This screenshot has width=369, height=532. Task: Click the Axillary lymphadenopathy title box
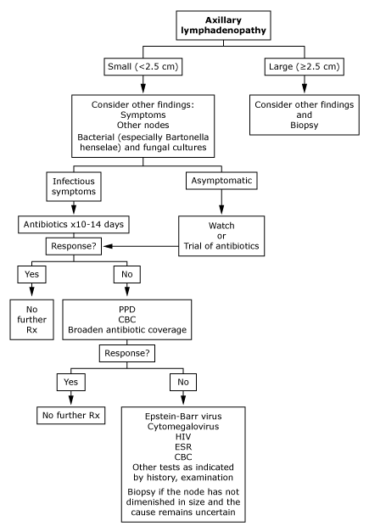[x=223, y=25]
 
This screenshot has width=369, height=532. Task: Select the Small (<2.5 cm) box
[x=143, y=66]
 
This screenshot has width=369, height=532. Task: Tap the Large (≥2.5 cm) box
[x=305, y=66]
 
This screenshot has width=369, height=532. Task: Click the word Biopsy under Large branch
[x=305, y=126]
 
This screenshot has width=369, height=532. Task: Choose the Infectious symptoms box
[x=74, y=187]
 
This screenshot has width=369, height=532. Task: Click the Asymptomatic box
[x=221, y=181]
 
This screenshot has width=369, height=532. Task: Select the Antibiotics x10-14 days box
[x=74, y=224]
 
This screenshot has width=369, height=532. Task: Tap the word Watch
[x=221, y=226]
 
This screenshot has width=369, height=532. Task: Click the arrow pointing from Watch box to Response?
[x=141, y=246]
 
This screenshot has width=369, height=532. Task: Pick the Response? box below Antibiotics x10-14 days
[x=74, y=246]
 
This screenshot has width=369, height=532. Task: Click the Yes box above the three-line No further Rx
[x=31, y=274]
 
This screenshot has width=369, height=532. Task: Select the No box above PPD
[x=127, y=274]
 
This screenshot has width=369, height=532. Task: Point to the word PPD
[x=127, y=310]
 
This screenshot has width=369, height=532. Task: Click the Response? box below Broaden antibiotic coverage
[x=127, y=353]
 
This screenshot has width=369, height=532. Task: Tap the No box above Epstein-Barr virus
[x=183, y=382]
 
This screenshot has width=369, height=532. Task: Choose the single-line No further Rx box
[x=71, y=415]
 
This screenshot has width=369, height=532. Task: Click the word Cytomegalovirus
[x=183, y=427]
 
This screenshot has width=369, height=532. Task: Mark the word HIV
[x=183, y=437]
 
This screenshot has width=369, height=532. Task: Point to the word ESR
[x=183, y=447]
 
